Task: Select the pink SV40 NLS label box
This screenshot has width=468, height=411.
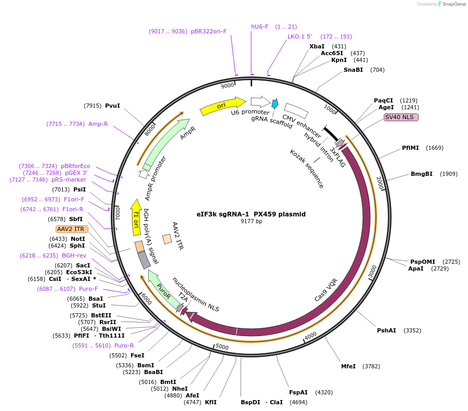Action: point(401,117)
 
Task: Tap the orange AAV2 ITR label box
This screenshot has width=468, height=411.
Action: point(72,229)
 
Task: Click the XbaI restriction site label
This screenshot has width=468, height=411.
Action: point(317,46)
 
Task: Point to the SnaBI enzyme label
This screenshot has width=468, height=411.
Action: point(353,70)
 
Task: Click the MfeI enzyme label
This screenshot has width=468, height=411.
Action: point(348,366)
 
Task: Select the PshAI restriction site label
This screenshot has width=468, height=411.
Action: point(386,330)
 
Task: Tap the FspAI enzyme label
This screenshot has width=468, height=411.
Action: point(298,392)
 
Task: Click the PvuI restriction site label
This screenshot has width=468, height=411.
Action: point(112,106)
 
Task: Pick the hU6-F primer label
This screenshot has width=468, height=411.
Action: point(259,27)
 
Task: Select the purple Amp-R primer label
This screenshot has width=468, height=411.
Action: point(98,124)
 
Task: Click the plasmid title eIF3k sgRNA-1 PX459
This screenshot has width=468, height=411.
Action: point(251,214)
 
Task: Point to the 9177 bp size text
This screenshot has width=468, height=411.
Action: point(251,221)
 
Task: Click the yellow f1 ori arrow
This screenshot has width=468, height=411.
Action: point(136,217)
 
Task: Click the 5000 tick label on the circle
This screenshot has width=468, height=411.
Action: point(222,346)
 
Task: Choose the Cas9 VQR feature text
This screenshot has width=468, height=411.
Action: point(326,290)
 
